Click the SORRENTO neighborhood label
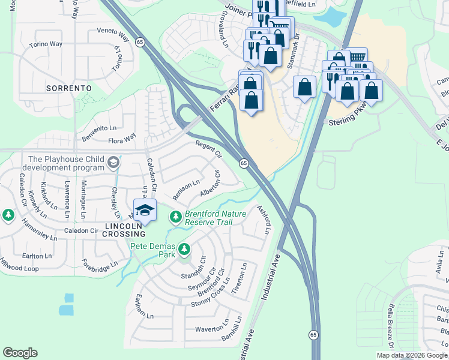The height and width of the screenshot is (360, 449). (x=68, y=88)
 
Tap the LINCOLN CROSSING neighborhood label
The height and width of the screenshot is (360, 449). (x=125, y=229)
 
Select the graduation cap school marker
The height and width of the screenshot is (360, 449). (x=144, y=210)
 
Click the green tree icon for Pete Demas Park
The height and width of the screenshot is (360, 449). (x=184, y=248)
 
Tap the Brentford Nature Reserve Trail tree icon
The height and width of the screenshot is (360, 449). (x=175, y=216)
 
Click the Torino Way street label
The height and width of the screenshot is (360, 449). (x=47, y=44)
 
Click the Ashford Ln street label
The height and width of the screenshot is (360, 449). (x=265, y=219)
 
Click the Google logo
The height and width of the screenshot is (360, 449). (x=20, y=353)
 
